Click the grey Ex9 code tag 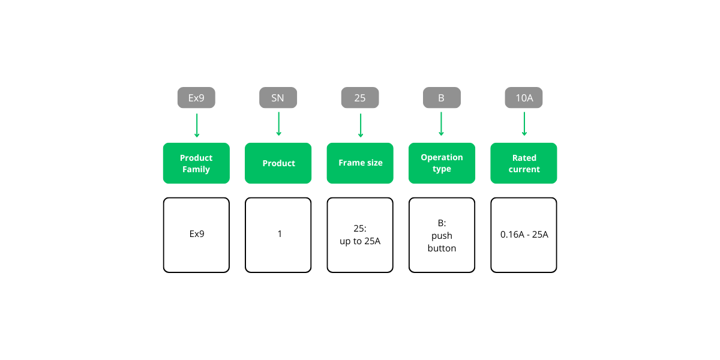coord(196,98)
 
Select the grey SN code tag coord(278,98)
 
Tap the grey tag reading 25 coord(360,98)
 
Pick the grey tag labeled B coord(442,98)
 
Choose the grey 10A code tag coord(524,98)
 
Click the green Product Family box coord(196,163)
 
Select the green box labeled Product coord(278,163)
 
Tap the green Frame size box coord(360,163)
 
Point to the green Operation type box coord(442,163)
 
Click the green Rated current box coord(524,163)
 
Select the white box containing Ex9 coord(196,235)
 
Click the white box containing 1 coord(278,235)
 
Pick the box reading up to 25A coord(360,235)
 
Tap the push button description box coord(442,235)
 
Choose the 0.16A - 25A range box coord(524,235)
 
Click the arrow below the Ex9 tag coord(196,125)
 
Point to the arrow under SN coord(278,125)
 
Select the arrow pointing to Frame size coord(360,125)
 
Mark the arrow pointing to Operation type coord(442,125)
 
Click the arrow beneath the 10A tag coord(524,125)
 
